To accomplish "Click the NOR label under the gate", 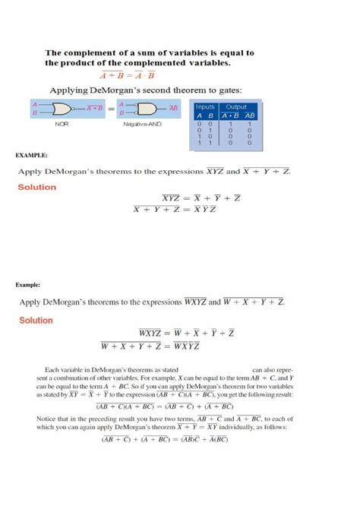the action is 62,123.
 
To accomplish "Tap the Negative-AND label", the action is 139,123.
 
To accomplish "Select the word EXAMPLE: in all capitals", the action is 31,155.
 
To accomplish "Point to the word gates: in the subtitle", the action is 226,89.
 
